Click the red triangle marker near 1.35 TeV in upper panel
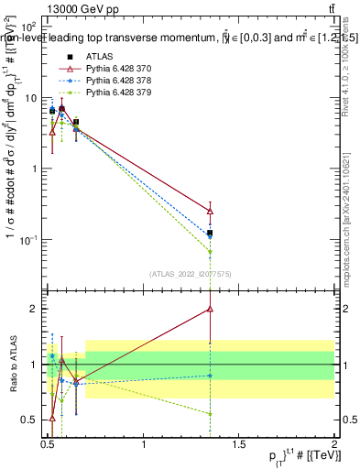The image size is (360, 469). pyautogui.click(x=211, y=211)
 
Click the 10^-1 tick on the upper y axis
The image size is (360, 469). pyautogui.click(x=28, y=240)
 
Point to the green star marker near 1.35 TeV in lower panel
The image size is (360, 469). pyautogui.click(x=211, y=414)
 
